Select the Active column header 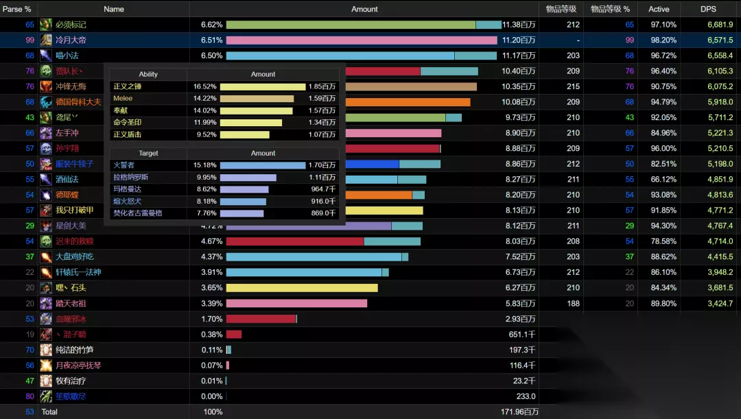click(x=659, y=9)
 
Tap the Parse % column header click(x=16, y=9)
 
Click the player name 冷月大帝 click(x=71, y=40)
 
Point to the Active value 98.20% click(x=663, y=40)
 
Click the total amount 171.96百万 click(x=519, y=412)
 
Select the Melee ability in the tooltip click(x=123, y=99)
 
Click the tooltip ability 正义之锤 click(x=128, y=87)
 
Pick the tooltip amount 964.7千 click(x=323, y=189)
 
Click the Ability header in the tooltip click(x=148, y=74)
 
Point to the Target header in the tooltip click(x=148, y=153)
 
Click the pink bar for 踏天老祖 click(x=296, y=303)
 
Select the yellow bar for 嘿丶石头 click(x=302, y=288)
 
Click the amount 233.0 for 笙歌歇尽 click(x=526, y=396)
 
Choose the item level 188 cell click(x=573, y=303)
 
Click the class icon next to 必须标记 click(x=46, y=25)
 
